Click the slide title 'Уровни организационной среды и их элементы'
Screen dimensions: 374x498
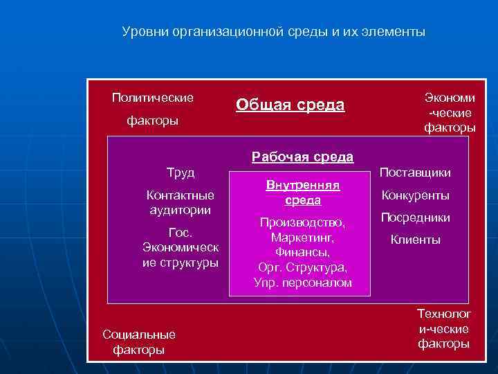pos(274,32)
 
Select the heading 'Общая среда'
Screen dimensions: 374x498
pos(290,105)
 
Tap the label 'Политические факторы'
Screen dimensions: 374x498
pos(152,109)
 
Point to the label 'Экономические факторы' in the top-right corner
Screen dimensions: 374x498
pos(450,113)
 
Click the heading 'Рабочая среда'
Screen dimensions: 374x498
pos(303,157)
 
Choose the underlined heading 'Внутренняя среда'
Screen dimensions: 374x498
pos(303,193)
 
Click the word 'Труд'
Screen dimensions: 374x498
pos(181,172)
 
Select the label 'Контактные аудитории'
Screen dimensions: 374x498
pos(181,202)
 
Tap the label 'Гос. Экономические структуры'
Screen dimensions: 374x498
pos(181,247)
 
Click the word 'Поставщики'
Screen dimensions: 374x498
pos(416,172)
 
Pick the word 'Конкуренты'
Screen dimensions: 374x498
pos(416,195)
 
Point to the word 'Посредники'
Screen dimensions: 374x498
pos(416,217)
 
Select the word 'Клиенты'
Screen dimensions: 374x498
pos(416,240)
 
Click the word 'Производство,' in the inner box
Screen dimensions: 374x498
pos(303,223)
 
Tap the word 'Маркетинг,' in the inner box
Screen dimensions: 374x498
pos(303,238)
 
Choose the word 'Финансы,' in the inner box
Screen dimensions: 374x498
pos(303,252)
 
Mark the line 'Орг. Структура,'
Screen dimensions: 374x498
pos(303,267)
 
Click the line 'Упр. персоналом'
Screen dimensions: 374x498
pos(303,283)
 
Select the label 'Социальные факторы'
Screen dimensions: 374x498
pos(139,342)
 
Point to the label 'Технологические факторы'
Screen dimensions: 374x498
pos(444,329)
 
